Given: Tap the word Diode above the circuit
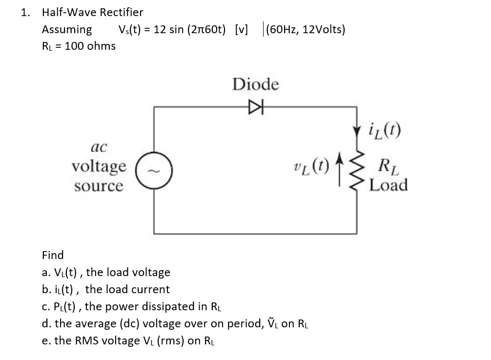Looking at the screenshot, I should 256,85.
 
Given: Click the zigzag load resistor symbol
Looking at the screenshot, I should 356,174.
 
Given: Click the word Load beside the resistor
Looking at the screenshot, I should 389,185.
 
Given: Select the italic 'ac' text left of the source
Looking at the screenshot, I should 99,146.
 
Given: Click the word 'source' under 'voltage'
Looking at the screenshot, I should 99,186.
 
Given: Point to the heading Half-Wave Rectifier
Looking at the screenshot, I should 93,12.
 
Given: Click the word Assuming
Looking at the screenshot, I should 67,29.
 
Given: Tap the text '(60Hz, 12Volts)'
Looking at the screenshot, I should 304,29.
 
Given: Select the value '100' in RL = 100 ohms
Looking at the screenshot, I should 74,46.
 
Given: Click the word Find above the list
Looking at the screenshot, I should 53,255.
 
